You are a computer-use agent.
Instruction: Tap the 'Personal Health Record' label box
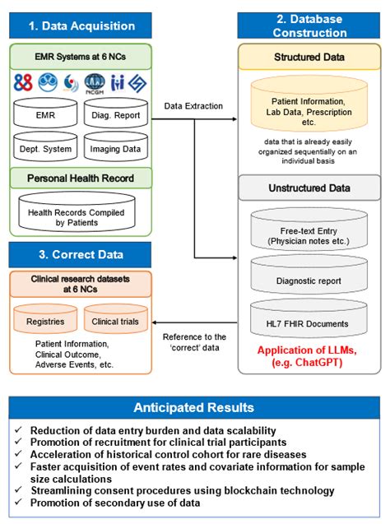pyautogui.click(x=80, y=179)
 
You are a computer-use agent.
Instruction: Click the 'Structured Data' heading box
pyautogui.click(x=309, y=58)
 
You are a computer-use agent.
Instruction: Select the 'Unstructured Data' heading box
pyautogui.click(x=309, y=188)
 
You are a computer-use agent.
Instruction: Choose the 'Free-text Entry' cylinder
pyautogui.click(x=309, y=237)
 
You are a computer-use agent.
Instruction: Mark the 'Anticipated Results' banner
pyautogui.click(x=194, y=408)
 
